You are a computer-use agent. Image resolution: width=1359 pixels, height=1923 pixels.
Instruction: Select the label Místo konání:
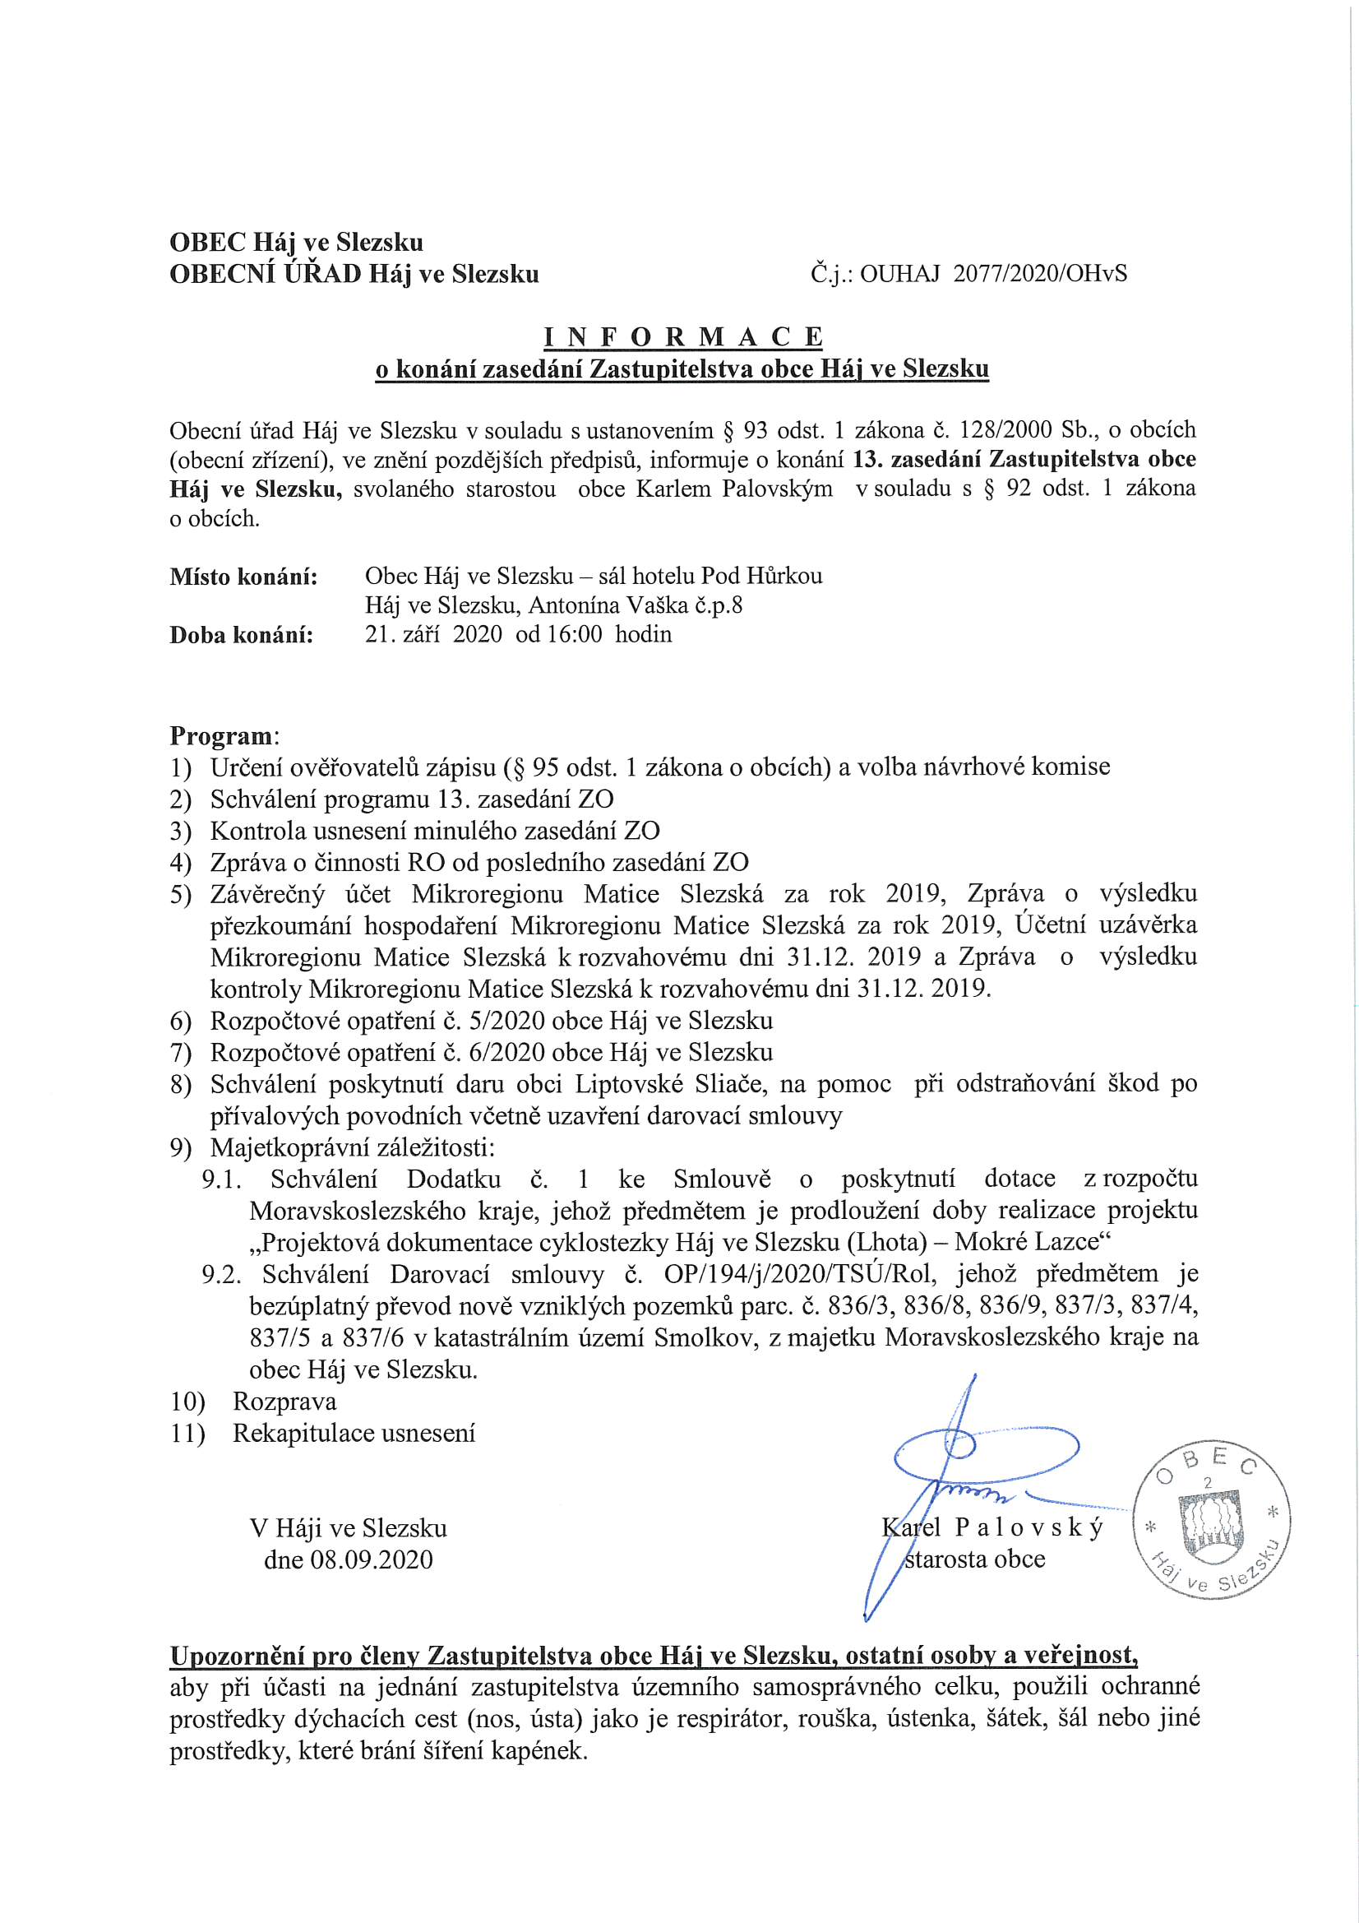[243, 577]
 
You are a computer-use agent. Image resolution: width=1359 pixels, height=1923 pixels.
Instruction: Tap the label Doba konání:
[241, 635]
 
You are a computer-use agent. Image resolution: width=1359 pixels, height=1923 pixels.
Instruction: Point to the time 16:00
[575, 634]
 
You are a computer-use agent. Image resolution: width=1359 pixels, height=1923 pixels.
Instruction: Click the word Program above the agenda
[221, 736]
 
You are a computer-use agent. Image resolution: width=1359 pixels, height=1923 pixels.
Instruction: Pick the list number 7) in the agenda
[181, 1053]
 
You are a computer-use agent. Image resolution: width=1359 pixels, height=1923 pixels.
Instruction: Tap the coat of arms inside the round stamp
[1211, 1530]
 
